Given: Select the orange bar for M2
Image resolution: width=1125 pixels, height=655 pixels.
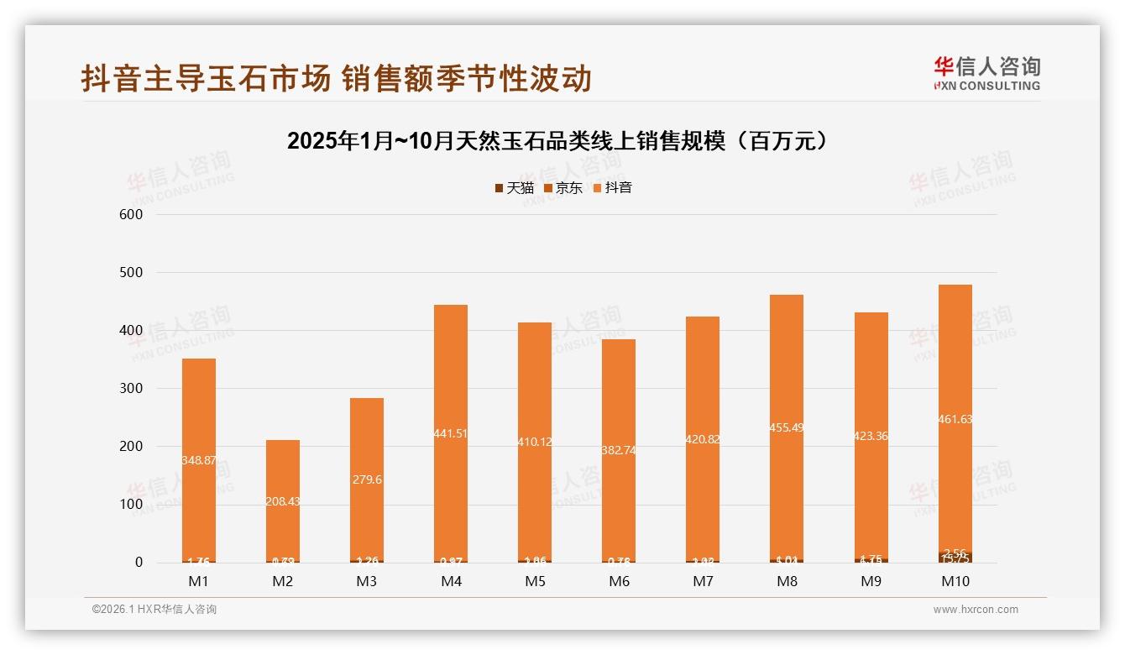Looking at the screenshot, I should click(x=283, y=470).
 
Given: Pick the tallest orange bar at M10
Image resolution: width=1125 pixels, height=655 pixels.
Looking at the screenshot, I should click(x=955, y=353).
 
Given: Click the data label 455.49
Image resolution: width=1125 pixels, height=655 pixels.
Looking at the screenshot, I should click(x=787, y=427).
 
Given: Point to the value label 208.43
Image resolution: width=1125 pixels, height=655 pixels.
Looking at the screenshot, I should click(x=283, y=501).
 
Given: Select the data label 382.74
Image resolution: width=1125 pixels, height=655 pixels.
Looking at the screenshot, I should click(x=619, y=450).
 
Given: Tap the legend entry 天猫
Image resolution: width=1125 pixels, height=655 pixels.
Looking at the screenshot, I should click(x=514, y=188).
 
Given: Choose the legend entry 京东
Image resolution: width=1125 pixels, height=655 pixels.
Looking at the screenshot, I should click(x=563, y=188).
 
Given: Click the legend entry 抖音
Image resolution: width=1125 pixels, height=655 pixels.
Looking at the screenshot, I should click(x=612, y=188).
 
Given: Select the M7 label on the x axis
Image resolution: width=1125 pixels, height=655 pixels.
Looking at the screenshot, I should click(x=703, y=581).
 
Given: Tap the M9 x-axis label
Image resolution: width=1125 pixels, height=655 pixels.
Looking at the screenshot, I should click(x=871, y=581).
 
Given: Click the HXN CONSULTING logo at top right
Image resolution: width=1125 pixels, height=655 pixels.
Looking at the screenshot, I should click(x=986, y=73).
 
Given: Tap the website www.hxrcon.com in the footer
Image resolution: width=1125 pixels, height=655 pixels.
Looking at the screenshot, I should click(x=976, y=610).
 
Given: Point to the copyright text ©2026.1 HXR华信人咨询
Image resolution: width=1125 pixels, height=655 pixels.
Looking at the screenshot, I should click(x=154, y=610).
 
